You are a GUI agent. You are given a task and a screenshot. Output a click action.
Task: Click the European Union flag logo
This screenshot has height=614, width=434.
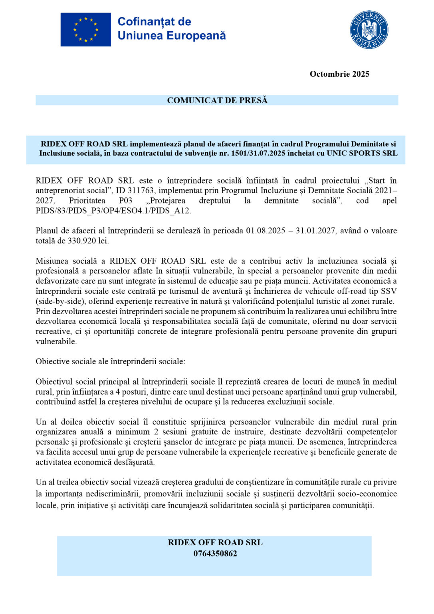tap(85, 30)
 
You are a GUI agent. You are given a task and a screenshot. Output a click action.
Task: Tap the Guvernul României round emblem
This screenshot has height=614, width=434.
tap(369, 30)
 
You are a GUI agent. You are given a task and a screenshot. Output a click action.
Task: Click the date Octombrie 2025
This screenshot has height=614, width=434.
tap(339, 74)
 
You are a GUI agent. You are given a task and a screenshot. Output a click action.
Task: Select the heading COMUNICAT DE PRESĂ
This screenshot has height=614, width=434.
tap(217, 100)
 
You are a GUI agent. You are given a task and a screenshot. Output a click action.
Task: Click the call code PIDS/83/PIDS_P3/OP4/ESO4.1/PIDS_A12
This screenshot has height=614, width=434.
tap(113, 211)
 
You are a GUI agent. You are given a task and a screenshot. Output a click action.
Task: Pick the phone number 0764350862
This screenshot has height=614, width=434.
tap(215, 554)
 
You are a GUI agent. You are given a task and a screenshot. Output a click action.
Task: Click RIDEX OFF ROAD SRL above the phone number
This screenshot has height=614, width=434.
tap(215, 542)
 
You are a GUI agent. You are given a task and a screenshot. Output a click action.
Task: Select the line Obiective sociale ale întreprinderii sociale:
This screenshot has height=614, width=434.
tap(111, 361)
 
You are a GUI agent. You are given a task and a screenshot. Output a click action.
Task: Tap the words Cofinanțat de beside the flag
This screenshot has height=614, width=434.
tap(154, 22)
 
